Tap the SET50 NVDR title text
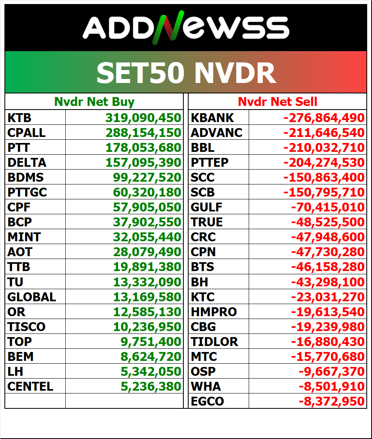click(186, 73)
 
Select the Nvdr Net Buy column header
click(94, 102)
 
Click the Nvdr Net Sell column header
click(277, 102)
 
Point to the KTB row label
click(19, 118)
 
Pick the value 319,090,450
click(143, 118)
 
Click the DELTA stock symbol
click(27, 163)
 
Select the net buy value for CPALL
click(143, 133)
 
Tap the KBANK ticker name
click(212, 118)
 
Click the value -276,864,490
click(324, 118)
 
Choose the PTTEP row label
click(210, 163)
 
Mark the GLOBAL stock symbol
click(32, 297)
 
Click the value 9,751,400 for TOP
click(151, 342)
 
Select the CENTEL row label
click(30, 387)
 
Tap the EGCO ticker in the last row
click(207, 402)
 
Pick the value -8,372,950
click(331, 402)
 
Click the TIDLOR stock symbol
click(214, 342)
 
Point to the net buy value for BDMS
click(147, 178)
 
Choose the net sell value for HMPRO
click(328, 312)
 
